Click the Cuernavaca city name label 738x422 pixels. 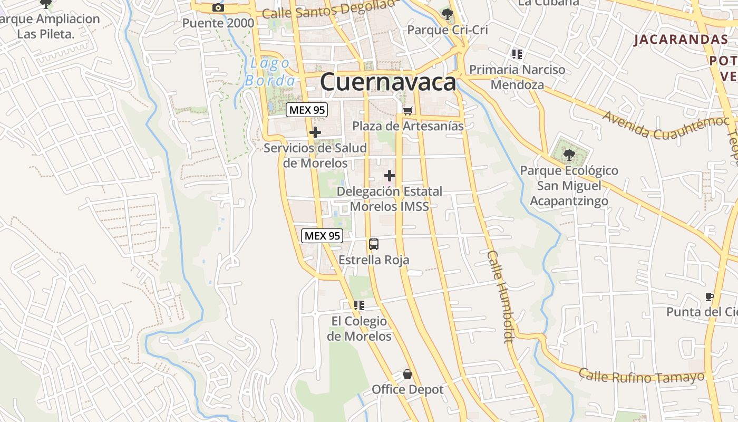coord(387,82)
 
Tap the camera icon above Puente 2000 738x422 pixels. coord(218,7)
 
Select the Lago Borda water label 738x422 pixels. coord(270,72)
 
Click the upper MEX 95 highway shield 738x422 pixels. coord(307,110)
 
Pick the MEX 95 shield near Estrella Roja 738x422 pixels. coord(322,236)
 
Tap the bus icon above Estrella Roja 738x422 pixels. coord(374,244)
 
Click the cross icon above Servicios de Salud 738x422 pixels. coord(315,132)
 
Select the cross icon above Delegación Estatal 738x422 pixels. coord(390,176)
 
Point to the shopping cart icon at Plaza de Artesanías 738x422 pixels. coord(407,111)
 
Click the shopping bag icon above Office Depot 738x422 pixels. coord(407,375)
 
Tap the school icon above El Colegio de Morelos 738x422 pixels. coord(359,305)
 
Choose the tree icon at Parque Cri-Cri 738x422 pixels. coord(448,14)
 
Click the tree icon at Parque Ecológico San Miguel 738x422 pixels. coord(569,155)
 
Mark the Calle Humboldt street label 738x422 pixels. coord(500,296)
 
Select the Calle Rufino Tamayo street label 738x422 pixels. coord(642,376)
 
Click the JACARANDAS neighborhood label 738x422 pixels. coord(681,40)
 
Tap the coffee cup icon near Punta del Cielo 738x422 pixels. coord(709,296)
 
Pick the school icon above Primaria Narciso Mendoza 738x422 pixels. coord(517,54)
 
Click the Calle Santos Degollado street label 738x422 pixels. coord(328,9)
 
